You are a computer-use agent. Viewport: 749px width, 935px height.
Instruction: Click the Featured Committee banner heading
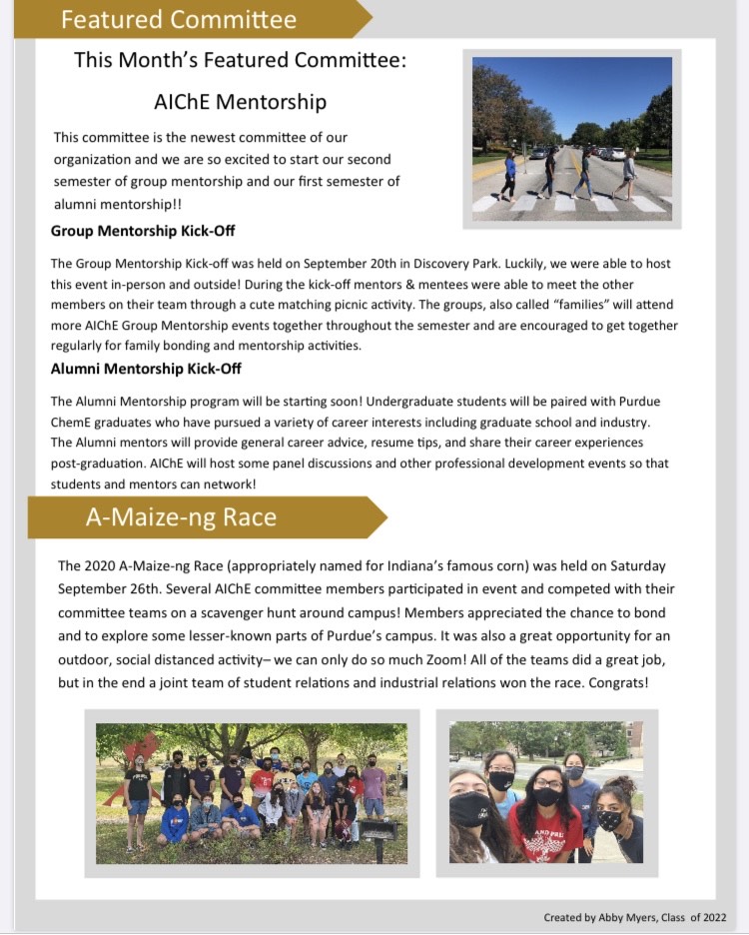tap(179, 19)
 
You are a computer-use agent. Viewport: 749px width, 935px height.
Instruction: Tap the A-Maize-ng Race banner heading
tap(181, 517)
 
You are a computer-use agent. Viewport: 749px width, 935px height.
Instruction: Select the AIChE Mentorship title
tap(240, 101)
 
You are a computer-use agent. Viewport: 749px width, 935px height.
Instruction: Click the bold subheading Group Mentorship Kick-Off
tap(143, 231)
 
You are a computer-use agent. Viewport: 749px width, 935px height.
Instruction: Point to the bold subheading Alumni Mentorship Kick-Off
tap(146, 369)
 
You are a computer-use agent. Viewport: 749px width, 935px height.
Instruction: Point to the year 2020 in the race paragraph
tap(104, 565)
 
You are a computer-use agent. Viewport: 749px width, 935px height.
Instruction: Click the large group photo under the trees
tap(251, 793)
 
